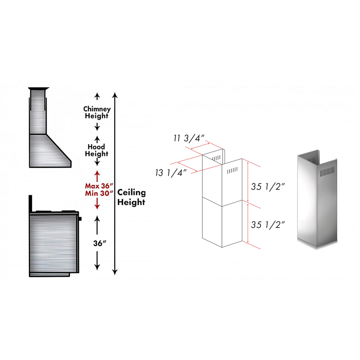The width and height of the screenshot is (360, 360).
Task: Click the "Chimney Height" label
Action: coord(97,113)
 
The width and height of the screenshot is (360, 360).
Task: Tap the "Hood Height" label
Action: coord(97,150)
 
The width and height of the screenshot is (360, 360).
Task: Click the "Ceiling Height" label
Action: coord(132,197)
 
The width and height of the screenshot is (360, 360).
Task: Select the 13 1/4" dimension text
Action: coord(170,173)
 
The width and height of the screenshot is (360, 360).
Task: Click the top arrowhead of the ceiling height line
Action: coord(115,95)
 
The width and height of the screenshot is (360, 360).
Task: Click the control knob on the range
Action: coord(80,219)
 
